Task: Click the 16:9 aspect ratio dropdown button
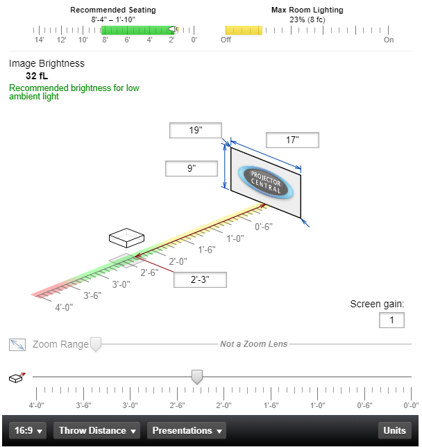[x=28, y=431]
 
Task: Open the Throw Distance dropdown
[x=98, y=431]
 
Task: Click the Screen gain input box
[x=391, y=320]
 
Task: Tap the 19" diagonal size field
[x=195, y=131]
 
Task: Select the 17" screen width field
[x=292, y=140]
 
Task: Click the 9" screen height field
[x=191, y=168]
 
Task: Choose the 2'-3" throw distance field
[x=200, y=279]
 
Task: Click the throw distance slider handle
[x=197, y=377]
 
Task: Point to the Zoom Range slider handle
[x=96, y=344]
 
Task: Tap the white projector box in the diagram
[x=126, y=237]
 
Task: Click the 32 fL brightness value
[x=37, y=76]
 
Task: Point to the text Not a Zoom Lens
[x=253, y=344]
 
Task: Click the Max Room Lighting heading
[x=307, y=10]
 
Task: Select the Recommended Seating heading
[x=113, y=10]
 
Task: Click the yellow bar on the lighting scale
[x=244, y=31]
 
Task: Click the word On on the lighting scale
[x=389, y=40]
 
